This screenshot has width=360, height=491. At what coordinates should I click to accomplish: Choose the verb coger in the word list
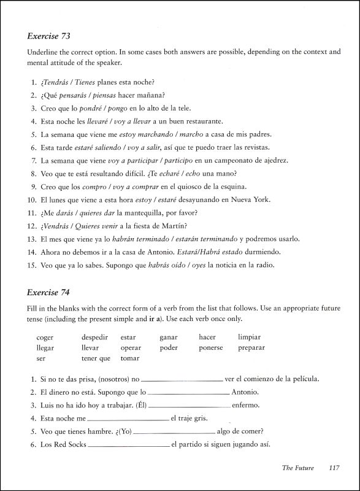[x=45, y=338]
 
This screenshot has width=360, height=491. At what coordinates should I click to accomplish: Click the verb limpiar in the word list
[x=249, y=338]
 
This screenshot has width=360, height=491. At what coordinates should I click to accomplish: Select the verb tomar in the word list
[x=130, y=358]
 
